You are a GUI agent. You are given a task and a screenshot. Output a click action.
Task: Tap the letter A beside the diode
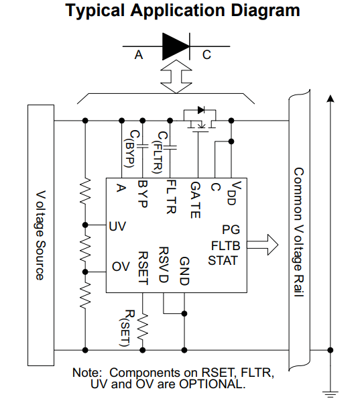tap(139, 55)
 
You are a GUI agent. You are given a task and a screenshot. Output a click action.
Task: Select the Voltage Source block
tap(40, 234)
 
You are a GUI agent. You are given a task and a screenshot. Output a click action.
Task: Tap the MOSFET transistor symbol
tap(200, 121)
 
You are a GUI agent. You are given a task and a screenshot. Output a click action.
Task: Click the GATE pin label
tap(194, 199)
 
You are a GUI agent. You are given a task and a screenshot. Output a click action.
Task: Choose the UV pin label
tap(118, 226)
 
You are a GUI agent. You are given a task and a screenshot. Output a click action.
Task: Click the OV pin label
tap(120, 267)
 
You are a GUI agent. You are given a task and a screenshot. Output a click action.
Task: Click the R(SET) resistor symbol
tap(142, 329)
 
